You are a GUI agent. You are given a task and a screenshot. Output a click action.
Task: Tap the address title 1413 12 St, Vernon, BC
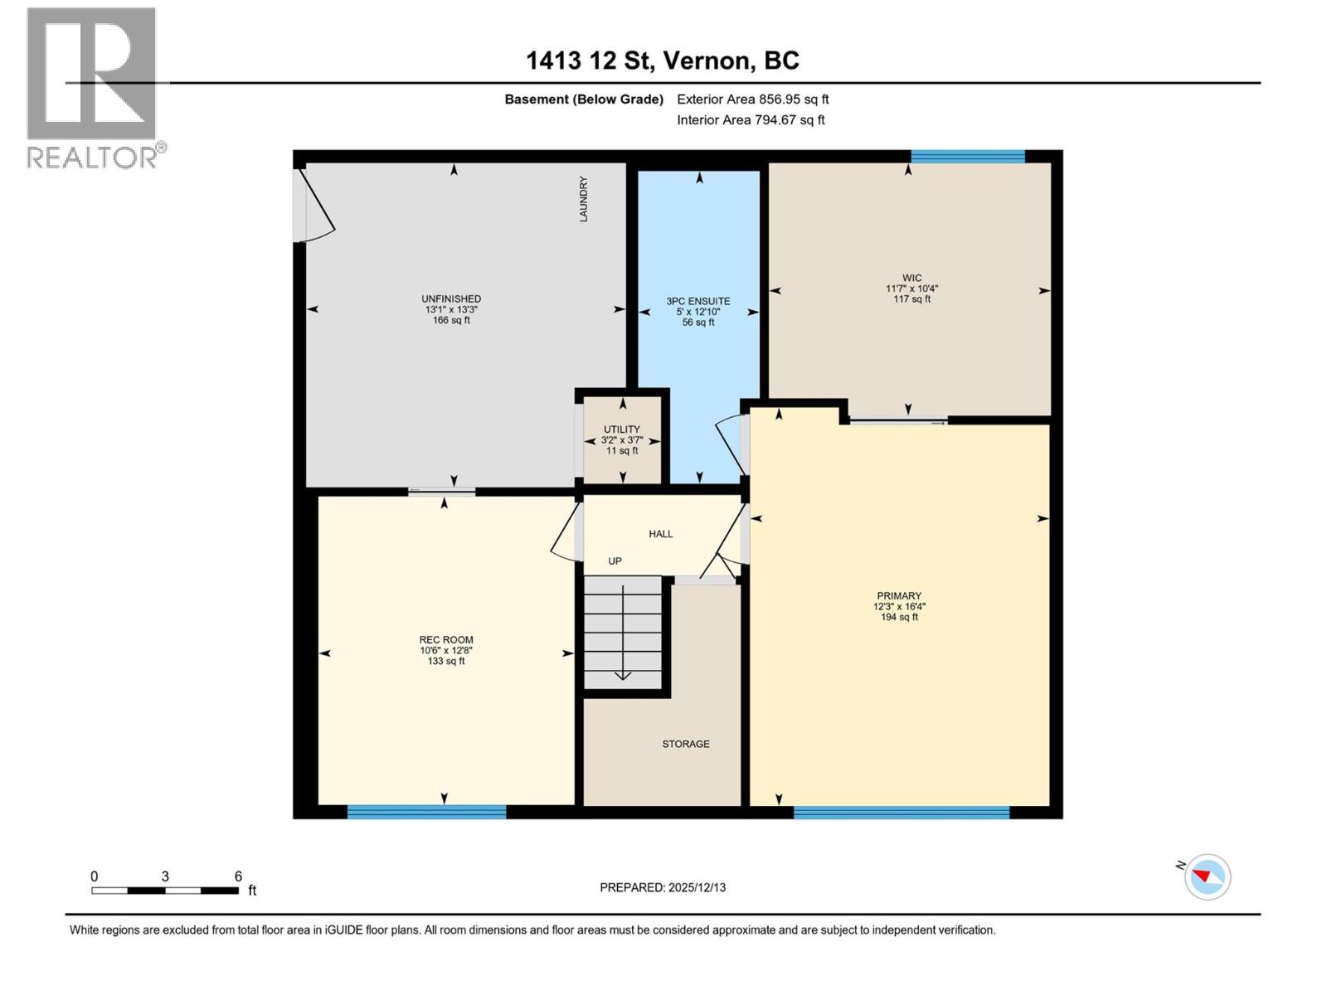click(x=663, y=61)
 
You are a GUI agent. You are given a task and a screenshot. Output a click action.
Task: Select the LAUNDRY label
click(x=583, y=199)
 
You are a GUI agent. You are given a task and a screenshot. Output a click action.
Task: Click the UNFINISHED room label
click(x=450, y=299)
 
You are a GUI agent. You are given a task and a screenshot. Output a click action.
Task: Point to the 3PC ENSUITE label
click(x=698, y=302)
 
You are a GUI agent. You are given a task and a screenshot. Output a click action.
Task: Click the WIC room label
click(x=911, y=279)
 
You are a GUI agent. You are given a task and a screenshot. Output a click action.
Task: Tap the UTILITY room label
click(x=621, y=430)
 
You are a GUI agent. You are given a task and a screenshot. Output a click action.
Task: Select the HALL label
click(x=660, y=534)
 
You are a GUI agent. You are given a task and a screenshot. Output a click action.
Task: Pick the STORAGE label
click(x=685, y=744)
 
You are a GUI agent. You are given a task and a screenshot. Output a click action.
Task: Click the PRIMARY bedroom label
click(x=899, y=596)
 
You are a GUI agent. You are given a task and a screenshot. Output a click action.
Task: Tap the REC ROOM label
click(x=446, y=640)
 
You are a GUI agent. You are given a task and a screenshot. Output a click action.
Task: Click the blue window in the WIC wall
click(x=967, y=157)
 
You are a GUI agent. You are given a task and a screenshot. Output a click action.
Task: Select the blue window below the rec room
click(x=426, y=812)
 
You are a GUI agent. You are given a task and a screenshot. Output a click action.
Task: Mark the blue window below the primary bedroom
click(x=901, y=812)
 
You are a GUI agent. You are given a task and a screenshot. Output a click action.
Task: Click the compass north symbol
click(x=1207, y=876)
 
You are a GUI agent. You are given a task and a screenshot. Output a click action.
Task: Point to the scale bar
click(x=165, y=891)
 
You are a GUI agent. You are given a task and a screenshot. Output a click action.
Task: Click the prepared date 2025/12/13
click(x=663, y=887)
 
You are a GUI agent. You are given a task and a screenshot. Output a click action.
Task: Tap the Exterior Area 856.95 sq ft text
click(x=752, y=99)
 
